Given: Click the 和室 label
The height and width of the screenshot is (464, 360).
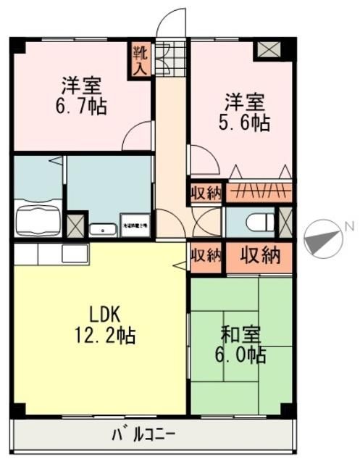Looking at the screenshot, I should point(241,335).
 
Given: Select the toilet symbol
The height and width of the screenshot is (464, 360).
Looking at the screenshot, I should point(254,223).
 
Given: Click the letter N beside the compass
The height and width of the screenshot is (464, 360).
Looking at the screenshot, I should point(349,226).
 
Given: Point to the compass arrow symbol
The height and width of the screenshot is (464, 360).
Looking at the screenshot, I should point(322,239).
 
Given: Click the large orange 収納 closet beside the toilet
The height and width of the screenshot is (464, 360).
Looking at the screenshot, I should point(260,256).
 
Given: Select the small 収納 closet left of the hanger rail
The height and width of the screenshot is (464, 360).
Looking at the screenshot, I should point(206,192).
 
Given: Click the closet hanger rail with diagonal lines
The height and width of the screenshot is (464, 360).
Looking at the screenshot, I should point(259,191).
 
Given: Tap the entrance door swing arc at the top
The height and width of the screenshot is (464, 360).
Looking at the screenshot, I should point(172,23).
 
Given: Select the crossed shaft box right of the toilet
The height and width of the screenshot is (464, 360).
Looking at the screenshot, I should point(285,222).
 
